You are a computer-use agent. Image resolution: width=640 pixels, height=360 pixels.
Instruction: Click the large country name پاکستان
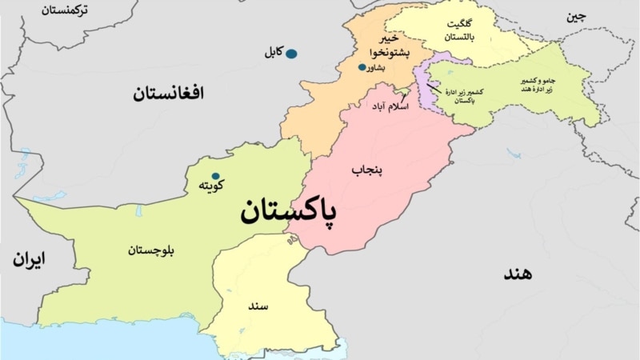click(x=287, y=213)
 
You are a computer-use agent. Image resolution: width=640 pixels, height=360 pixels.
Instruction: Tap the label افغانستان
click(x=168, y=94)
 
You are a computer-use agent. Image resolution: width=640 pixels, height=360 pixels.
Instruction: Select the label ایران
click(x=29, y=259)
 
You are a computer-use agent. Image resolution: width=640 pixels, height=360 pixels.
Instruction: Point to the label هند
click(x=518, y=273)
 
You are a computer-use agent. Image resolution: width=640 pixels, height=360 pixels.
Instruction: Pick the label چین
click(x=576, y=17)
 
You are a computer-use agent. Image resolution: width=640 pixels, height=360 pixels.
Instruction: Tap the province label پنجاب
click(x=367, y=170)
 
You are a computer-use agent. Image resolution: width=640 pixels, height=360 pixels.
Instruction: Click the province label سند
click(x=258, y=306)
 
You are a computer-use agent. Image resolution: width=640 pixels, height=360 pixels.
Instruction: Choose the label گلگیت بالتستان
click(x=458, y=31)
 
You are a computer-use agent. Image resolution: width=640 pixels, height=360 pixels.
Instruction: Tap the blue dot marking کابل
click(x=292, y=54)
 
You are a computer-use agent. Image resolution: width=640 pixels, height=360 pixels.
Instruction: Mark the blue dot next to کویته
click(x=215, y=176)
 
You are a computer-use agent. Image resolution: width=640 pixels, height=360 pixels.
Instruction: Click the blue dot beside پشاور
click(x=362, y=67)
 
